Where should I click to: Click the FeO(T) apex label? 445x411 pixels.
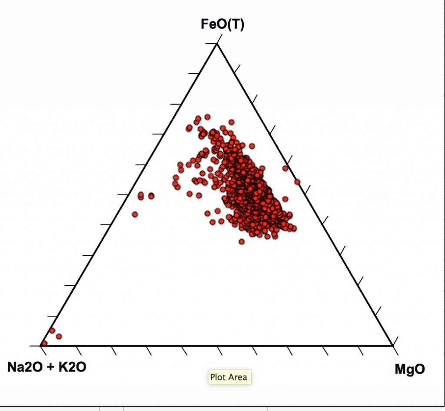click(x=222, y=24)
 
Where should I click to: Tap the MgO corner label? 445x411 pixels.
click(x=410, y=369)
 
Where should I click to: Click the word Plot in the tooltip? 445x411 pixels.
click(x=218, y=377)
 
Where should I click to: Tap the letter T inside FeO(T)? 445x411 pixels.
click(x=235, y=24)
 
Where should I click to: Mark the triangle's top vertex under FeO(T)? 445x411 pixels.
click(x=216, y=44)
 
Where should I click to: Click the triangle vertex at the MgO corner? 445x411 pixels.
click(x=392, y=346)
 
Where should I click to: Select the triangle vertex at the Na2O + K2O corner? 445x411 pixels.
click(x=41, y=346)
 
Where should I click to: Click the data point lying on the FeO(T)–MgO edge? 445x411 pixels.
click(x=297, y=182)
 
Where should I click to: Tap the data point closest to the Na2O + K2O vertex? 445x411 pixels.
click(x=44, y=344)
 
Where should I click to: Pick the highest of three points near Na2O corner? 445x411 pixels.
click(x=52, y=331)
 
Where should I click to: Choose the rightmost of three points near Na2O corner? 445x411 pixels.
click(x=59, y=336)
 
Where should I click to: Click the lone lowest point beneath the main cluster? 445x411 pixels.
click(x=242, y=241)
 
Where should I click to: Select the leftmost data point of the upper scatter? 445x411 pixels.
click(x=135, y=214)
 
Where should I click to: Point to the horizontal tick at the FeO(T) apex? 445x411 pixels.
click(x=211, y=44)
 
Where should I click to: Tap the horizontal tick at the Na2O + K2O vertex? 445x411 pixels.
click(x=35, y=346)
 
